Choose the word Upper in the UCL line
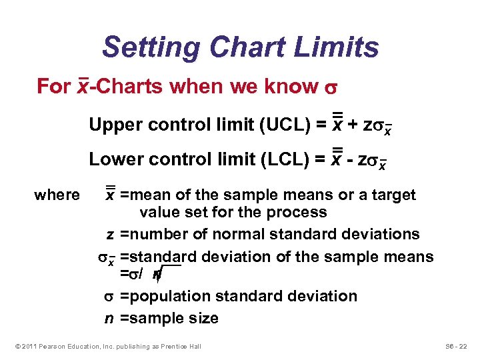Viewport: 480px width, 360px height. (x=112, y=125)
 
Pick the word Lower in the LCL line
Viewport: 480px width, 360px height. (x=112, y=159)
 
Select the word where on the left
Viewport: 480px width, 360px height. (x=57, y=195)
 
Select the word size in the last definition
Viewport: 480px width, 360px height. (x=203, y=318)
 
